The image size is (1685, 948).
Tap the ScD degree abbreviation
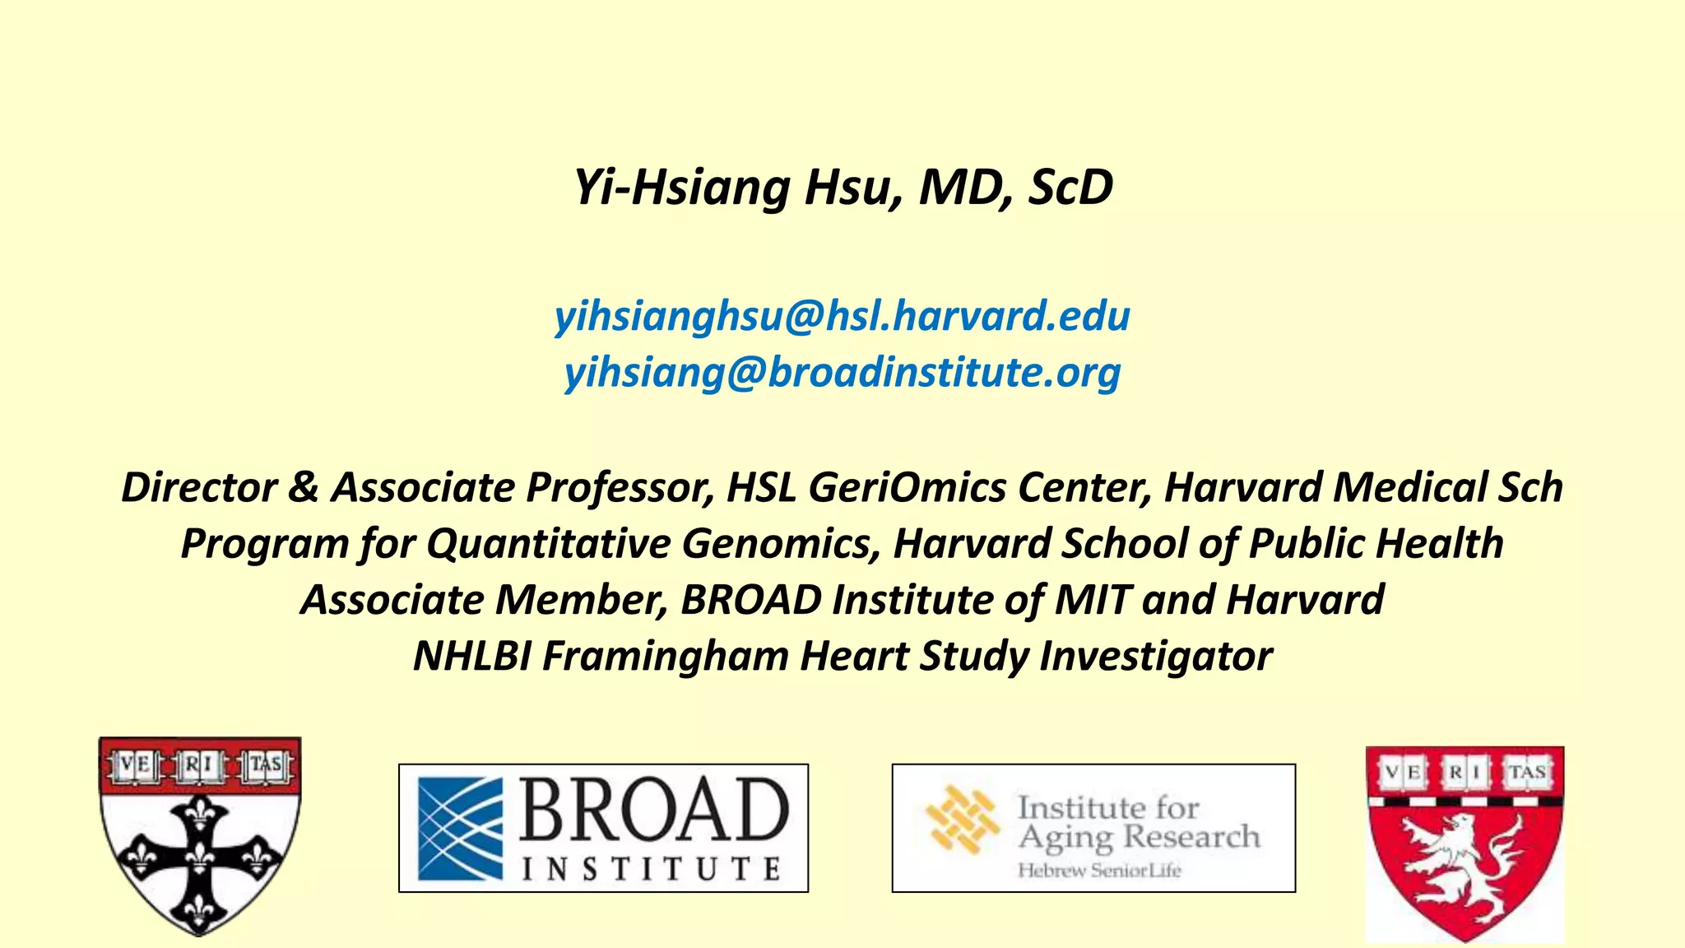(1070, 188)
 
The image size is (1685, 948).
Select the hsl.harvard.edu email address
(842, 317)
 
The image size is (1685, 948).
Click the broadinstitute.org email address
(842, 373)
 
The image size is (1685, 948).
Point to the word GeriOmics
(907, 487)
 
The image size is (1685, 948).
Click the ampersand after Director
(303, 487)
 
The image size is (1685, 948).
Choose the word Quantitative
(549, 544)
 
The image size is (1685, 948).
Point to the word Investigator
(1156, 657)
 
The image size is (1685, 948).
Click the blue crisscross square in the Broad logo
(460, 829)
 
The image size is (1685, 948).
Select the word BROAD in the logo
(654, 810)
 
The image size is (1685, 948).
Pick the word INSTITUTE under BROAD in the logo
(651, 869)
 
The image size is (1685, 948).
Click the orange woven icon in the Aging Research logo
(961, 820)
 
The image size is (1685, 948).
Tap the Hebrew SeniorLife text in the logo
(1099, 871)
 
